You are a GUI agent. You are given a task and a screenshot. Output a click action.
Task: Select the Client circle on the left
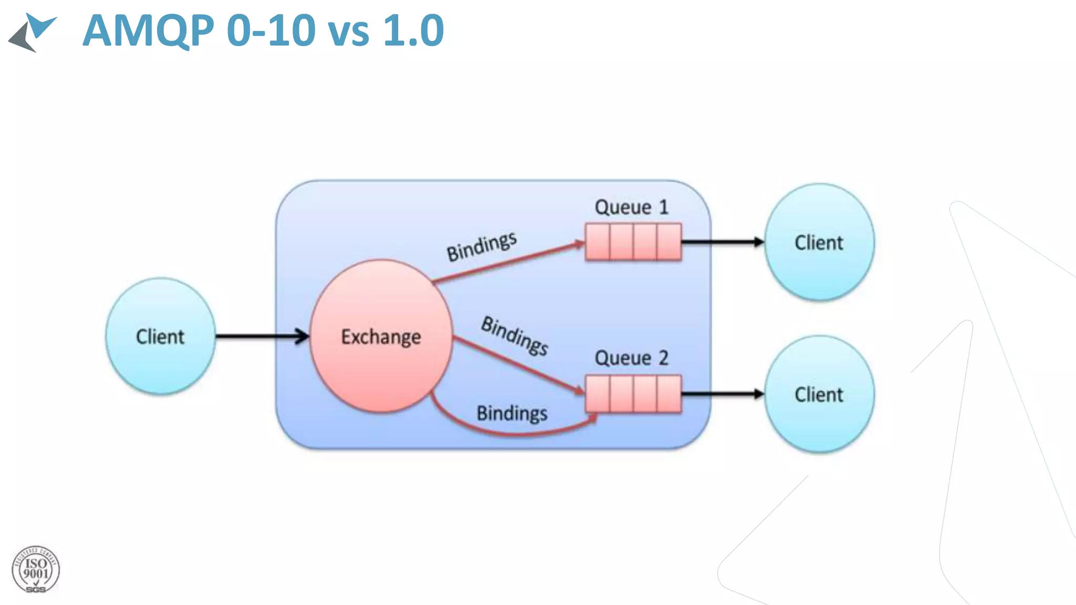tap(160, 336)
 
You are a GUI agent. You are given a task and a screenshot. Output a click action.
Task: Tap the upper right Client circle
tap(819, 242)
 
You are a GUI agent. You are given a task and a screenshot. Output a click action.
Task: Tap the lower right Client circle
tap(819, 394)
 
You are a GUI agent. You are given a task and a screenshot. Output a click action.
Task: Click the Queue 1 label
tap(631, 207)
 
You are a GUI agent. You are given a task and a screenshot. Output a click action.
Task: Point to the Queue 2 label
tap(631, 358)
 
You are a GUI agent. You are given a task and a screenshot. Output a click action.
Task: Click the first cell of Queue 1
tap(598, 242)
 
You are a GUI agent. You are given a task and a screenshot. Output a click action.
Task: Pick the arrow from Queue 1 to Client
tap(722, 242)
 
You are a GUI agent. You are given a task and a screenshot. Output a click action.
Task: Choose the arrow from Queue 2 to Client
tap(722, 394)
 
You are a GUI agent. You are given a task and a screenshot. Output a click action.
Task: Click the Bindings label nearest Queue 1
tap(481, 246)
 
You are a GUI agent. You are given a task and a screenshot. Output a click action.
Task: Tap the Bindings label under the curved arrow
tap(512, 413)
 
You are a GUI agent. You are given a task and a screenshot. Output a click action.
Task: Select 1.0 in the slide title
tap(413, 30)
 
